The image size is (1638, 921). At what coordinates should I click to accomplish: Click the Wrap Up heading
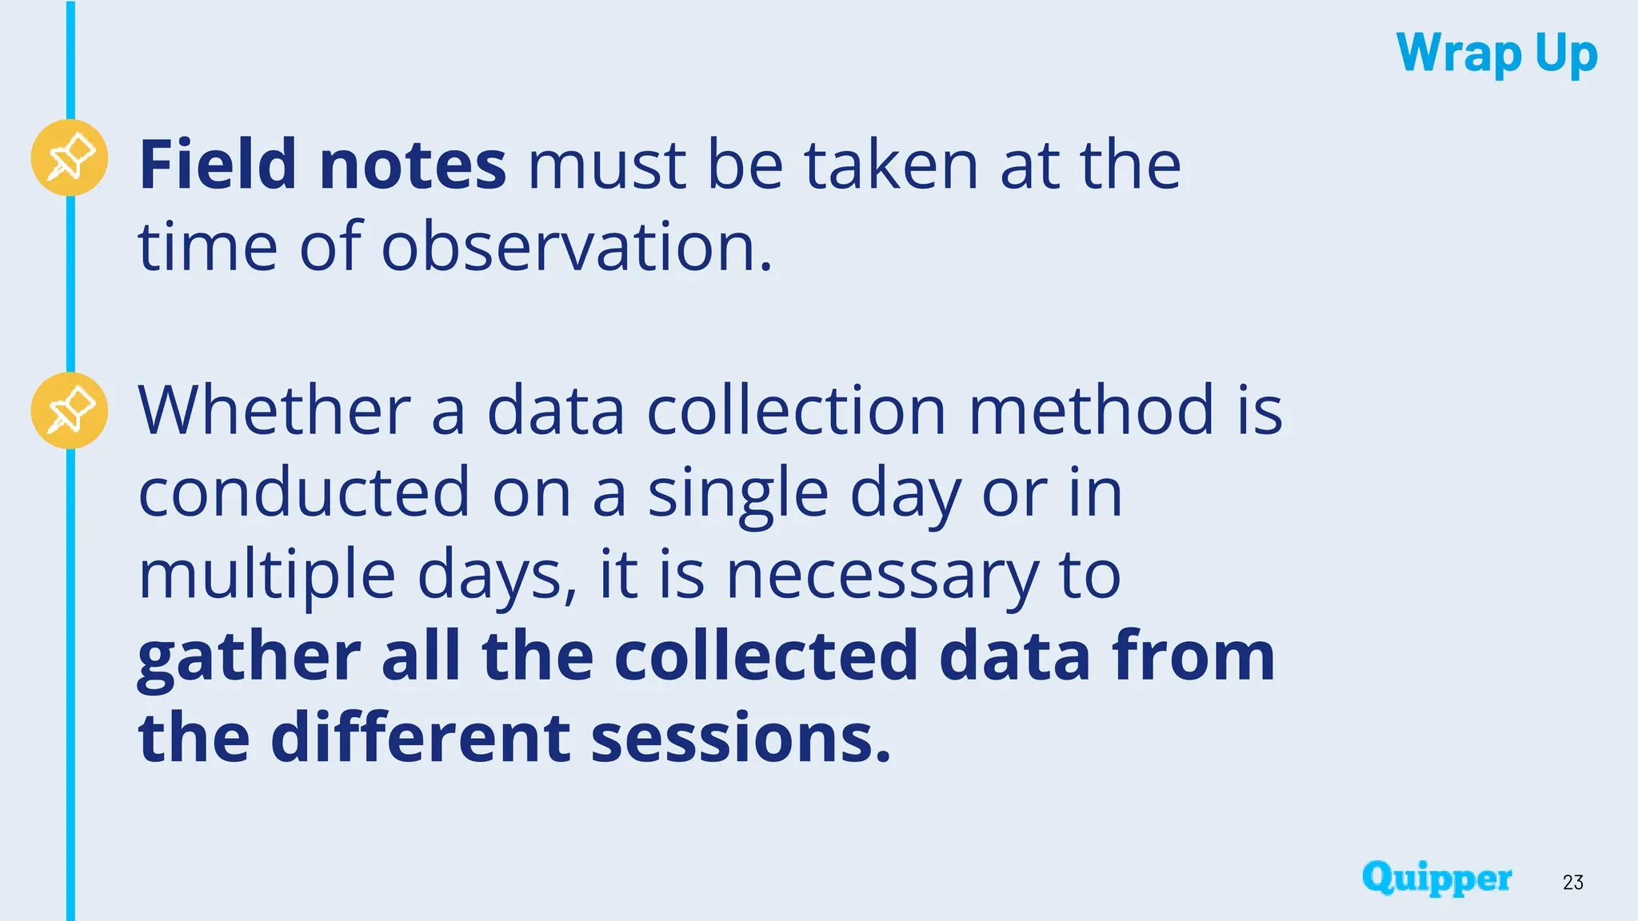point(1496,54)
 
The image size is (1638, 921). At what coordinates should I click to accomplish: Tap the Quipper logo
point(1436,878)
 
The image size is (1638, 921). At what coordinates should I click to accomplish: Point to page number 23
point(1572,882)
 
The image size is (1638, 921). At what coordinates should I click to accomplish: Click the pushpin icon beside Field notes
point(70,157)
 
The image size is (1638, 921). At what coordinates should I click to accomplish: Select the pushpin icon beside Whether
point(70,410)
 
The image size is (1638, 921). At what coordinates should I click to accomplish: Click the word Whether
point(274,410)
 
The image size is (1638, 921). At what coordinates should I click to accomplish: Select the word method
point(1092,410)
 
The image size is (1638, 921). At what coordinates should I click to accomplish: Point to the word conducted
point(304,492)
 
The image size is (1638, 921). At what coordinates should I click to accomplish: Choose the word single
point(737,494)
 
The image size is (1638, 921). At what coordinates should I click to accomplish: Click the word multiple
point(267,576)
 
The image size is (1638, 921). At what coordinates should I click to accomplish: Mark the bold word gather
point(250,657)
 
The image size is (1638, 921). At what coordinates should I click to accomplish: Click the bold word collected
point(765,656)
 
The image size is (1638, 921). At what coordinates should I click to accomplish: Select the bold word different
point(420,738)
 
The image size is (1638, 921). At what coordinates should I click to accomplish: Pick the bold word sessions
point(741,740)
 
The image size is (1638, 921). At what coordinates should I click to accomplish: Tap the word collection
point(797,410)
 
